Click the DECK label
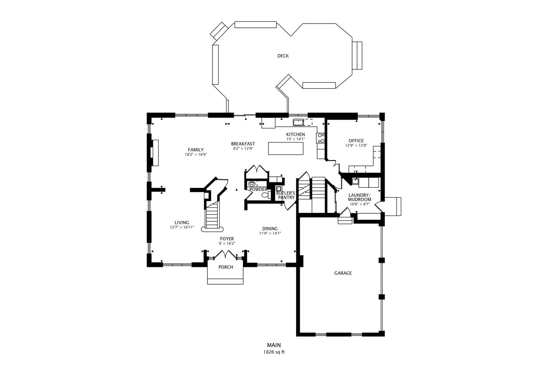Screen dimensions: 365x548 [x=283, y=56]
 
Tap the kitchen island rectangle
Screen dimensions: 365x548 [x=286, y=149]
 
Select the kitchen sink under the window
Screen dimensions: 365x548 [x=298, y=122]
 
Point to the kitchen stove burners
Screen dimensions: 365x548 [x=321, y=138]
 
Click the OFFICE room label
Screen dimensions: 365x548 [x=356, y=141]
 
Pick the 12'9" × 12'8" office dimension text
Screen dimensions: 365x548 [x=356, y=146]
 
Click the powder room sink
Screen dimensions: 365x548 [x=252, y=184]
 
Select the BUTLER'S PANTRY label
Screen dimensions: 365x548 [x=286, y=195]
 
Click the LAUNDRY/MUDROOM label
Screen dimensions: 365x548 [x=359, y=197]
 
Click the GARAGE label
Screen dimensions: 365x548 [x=343, y=273]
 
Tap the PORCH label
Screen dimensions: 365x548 [x=226, y=267]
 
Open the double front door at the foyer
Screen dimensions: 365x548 [x=226, y=254]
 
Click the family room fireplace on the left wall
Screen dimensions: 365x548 [x=155, y=153]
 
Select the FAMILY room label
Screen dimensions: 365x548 [x=196, y=150]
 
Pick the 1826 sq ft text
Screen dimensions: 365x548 [x=274, y=352]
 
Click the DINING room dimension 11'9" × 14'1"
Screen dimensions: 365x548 [x=270, y=233]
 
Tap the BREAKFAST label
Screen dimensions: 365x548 [x=243, y=144]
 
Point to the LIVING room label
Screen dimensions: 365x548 [x=182, y=222]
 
